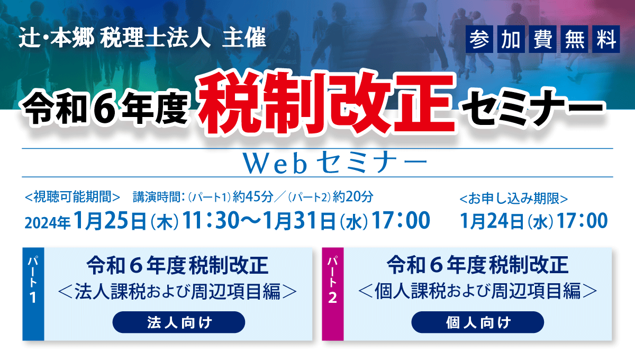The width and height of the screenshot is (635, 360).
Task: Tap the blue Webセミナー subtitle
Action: click(335, 164)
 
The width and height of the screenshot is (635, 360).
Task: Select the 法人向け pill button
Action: click(179, 322)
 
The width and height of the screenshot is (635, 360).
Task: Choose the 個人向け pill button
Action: click(478, 322)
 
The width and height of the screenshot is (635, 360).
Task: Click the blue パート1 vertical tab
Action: click(33, 294)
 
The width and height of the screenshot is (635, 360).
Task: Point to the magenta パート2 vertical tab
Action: click(333, 294)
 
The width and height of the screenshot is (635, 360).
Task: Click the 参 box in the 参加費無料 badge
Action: click(479, 39)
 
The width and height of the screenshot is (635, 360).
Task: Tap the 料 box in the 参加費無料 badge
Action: click(606, 39)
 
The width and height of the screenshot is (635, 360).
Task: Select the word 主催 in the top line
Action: click(244, 38)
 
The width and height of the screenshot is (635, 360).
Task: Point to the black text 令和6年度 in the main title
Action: click(105, 109)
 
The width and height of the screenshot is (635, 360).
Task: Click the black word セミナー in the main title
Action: click(533, 109)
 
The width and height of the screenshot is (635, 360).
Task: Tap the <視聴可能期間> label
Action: click(72, 197)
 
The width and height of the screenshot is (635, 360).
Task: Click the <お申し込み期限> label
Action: click(514, 199)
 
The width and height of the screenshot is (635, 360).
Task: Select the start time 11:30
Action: click(211, 220)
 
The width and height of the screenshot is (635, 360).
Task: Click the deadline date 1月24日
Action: click(492, 221)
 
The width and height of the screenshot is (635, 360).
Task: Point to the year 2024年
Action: click(47, 223)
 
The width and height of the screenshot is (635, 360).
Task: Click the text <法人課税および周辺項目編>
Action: click(178, 291)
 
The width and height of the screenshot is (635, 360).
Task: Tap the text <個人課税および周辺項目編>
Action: click(478, 291)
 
